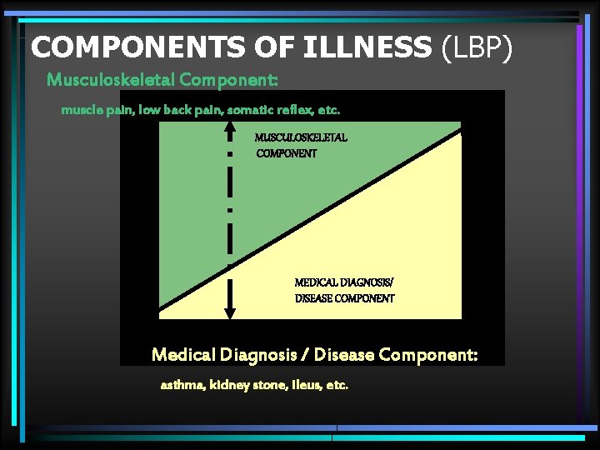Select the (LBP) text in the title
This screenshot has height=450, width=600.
474,47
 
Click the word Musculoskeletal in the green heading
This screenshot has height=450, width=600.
111,80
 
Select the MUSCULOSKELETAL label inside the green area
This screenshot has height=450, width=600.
301,137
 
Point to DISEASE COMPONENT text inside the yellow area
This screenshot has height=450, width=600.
344,298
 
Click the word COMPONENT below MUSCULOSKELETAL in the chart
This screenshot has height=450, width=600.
287,153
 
